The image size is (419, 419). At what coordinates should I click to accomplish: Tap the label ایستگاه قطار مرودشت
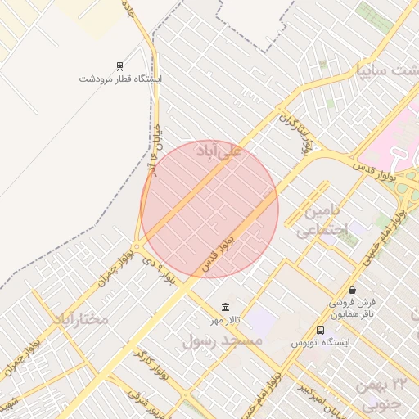120,79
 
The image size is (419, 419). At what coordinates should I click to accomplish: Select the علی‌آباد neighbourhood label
219,151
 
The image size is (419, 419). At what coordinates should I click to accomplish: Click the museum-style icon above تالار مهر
224,307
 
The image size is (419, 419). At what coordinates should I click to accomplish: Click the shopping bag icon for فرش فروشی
352,290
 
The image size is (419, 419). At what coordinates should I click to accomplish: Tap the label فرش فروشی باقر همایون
353,307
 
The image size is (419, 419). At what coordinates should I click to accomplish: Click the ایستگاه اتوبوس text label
320,342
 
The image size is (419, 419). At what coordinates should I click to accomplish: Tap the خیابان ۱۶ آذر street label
155,138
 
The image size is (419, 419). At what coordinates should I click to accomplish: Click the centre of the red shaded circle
209,209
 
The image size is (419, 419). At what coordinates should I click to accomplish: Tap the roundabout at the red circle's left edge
141,246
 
